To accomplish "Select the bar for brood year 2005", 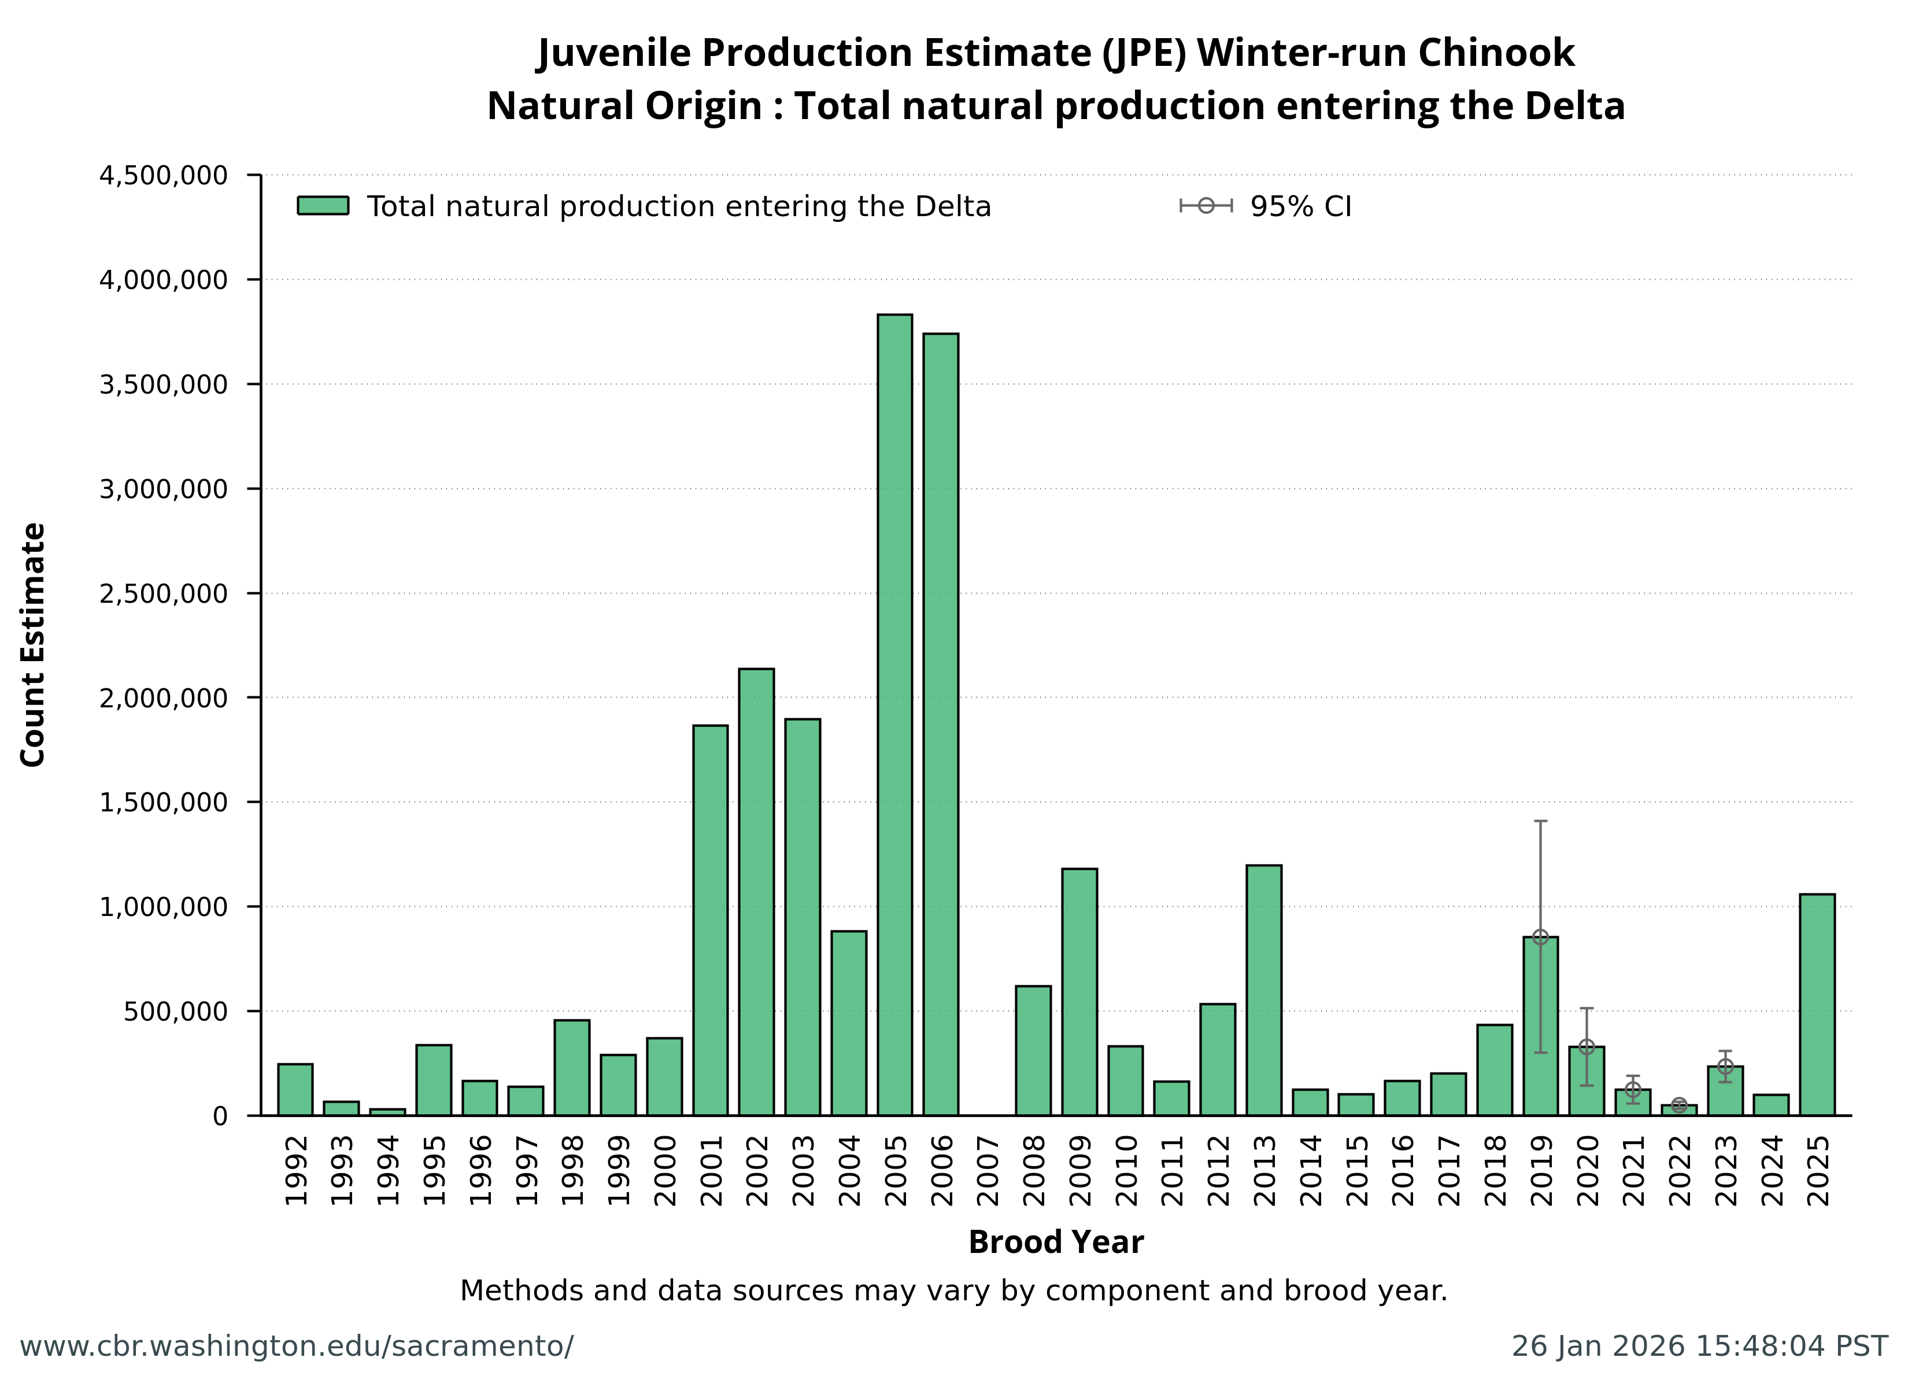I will click(894, 715).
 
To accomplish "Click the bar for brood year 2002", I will click(756, 892).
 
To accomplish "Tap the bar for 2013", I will click(1263, 990).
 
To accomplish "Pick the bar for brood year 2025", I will click(1817, 1004).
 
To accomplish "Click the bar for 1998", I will click(572, 1067).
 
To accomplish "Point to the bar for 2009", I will click(1079, 992).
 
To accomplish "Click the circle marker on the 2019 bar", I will click(1540, 937).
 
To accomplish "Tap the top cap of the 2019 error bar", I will click(1540, 821).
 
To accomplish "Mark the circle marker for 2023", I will click(1725, 1066).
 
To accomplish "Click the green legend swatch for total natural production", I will click(323, 206).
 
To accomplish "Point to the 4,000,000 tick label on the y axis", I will click(163, 280).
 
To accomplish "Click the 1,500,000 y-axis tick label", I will click(163, 802).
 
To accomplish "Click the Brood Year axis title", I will click(1056, 1243).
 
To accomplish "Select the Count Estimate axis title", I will click(33, 644).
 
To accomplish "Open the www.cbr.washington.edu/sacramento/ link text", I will click(296, 1347).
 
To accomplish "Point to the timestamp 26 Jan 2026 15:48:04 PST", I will click(1699, 1347).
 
